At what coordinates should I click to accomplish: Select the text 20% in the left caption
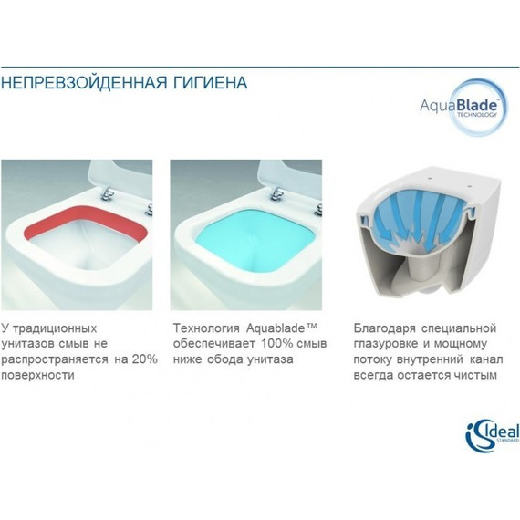pyautogui.click(x=144, y=359)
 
